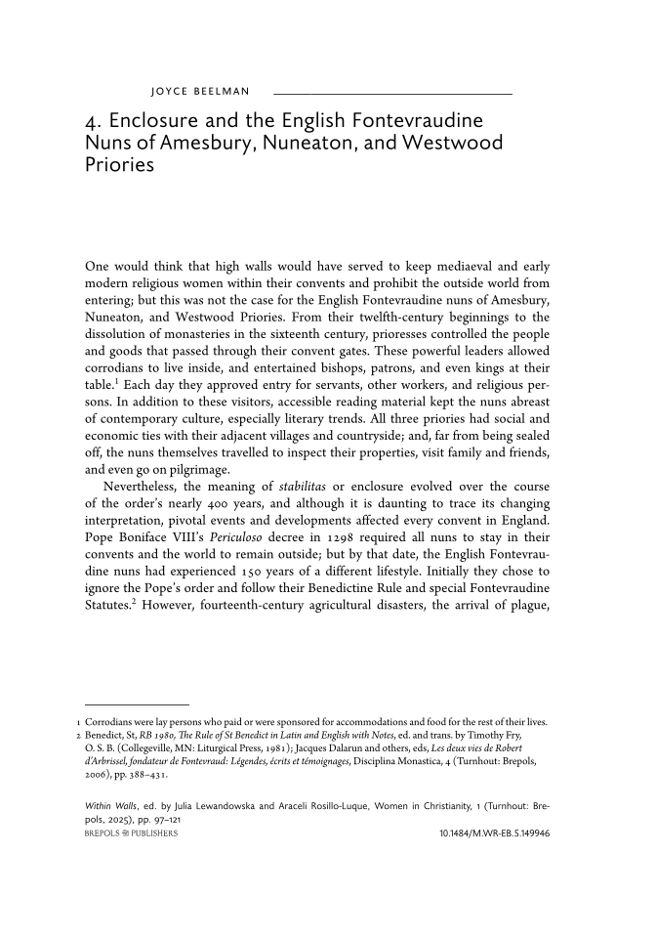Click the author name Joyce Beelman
(200, 93)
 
